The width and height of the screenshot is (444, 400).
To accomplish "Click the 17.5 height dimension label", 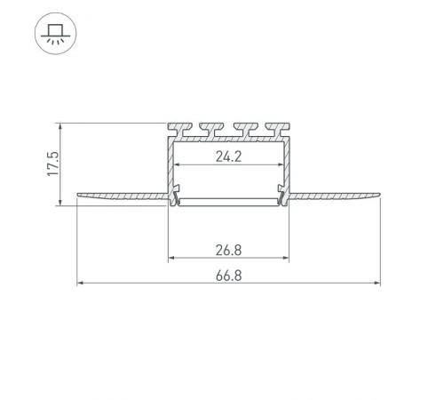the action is [x=53, y=164].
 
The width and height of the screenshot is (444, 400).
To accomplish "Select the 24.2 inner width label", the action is [x=228, y=156].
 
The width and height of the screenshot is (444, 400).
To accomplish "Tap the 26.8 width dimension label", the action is [x=228, y=250].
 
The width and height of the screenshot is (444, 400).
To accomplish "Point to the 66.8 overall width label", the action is [x=228, y=276].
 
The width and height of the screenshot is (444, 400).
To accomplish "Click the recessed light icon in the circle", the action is [x=56, y=34].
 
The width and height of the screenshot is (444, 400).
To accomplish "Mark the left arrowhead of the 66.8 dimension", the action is [x=80, y=284].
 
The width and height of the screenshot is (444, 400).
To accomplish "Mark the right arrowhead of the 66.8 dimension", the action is [x=377, y=284].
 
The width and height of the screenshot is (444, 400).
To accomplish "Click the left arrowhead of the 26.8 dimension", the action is [x=171, y=258].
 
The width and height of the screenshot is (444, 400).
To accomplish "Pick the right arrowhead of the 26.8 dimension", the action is [x=286, y=258].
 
